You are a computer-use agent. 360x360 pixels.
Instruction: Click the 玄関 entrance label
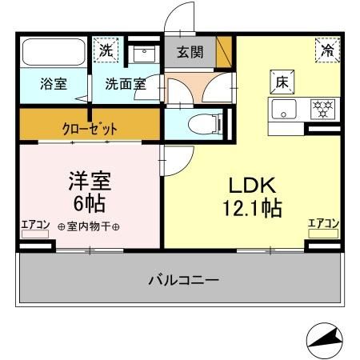(x=190, y=54)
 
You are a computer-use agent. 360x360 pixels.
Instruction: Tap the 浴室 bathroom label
(x=54, y=84)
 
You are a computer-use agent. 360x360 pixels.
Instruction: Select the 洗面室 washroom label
(x=126, y=84)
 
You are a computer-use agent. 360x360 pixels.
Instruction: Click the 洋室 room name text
(x=88, y=179)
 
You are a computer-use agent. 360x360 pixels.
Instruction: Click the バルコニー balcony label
(x=183, y=280)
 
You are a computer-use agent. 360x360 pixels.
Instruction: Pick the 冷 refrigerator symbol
(x=326, y=50)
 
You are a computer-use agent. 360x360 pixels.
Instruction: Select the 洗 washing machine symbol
(x=106, y=50)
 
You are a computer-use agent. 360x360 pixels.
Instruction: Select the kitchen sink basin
(x=283, y=108)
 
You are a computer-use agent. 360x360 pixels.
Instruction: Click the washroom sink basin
(x=145, y=54)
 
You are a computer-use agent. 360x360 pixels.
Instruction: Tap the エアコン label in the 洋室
(x=34, y=225)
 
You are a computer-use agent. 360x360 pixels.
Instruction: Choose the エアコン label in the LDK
(x=323, y=224)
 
